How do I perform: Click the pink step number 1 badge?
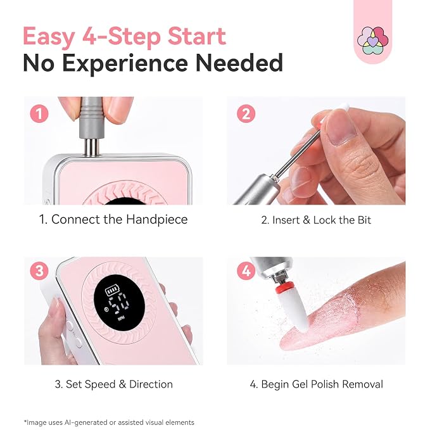pos(39,113)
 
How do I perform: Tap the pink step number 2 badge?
pos(246,113)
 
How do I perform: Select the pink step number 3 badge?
pos(39,271)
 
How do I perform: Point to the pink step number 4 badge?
pos(246,271)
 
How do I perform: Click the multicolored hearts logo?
pos(372,41)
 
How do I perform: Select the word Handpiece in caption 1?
pos(157,220)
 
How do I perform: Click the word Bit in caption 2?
pos(364,220)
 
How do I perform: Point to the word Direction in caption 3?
pos(151,384)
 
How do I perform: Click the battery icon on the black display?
pos(113,291)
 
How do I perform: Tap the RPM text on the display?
pos(121,319)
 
